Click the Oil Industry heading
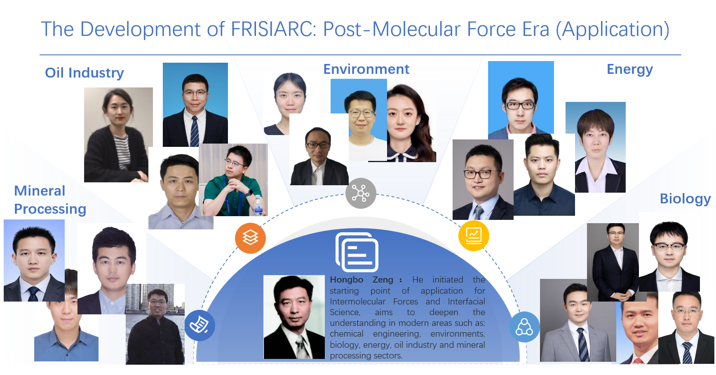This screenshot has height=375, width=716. coord(85,73)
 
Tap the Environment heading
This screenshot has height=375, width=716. coord(366,69)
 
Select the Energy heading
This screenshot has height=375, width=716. coord(630,69)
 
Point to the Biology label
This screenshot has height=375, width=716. coord(685,199)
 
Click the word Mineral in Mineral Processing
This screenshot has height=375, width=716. coord(40,191)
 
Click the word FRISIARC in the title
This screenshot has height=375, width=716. coord(274,29)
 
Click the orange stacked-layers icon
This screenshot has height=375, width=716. coord(250,238)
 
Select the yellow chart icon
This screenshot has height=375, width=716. coord(474,236)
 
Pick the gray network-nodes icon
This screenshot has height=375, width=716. coord(361,193)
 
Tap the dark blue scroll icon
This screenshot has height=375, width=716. coord(200,325)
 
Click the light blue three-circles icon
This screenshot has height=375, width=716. coord(524,327)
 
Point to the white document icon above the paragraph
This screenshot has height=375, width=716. coord(357,252)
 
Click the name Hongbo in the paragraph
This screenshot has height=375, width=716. coord(346,280)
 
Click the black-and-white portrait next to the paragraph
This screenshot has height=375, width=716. coord(294,317)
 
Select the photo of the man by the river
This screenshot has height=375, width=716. coord(155,324)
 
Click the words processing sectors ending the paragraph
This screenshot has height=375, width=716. coord(366,356)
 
